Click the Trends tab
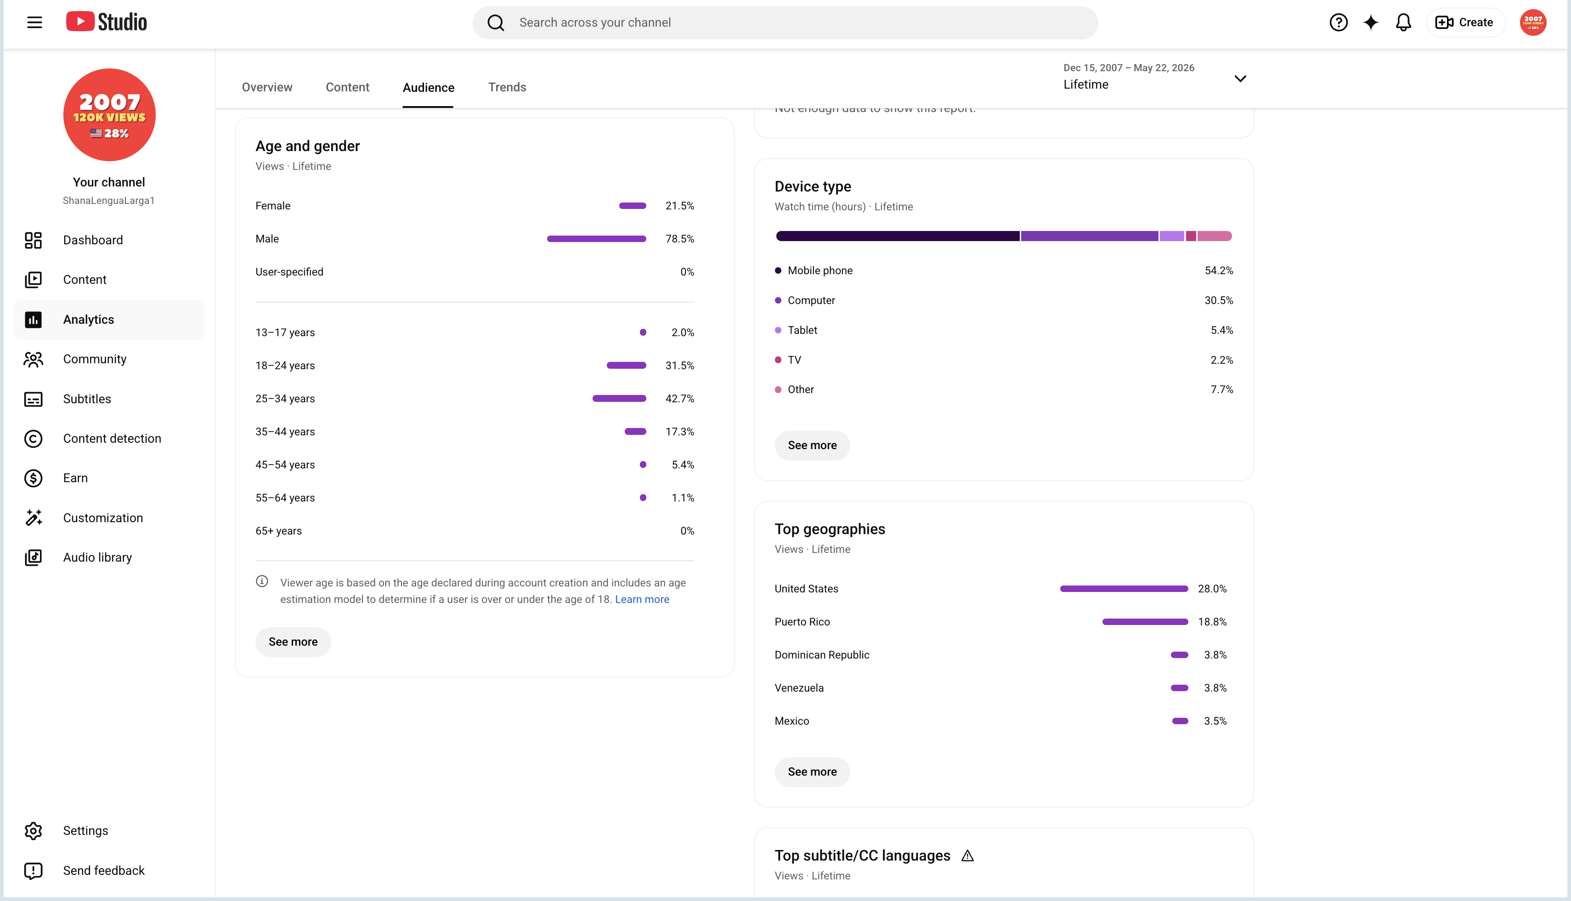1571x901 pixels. tap(507, 87)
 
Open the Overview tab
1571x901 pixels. tap(267, 87)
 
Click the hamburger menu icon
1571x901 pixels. tap(34, 23)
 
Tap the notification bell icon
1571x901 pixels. tap(1403, 23)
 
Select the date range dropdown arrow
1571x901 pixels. tap(1240, 79)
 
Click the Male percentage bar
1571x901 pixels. tap(596, 239)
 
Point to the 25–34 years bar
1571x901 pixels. tap(619, 399)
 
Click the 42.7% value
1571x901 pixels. tap(680, 399)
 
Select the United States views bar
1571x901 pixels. tap(1124, 588)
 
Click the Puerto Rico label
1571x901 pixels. tap(802, 622)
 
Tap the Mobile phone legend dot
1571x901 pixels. tap(778, 270)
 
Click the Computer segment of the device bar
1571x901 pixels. tap(1090, 236)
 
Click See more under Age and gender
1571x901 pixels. tap(293, 642)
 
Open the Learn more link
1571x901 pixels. tap(642, 599)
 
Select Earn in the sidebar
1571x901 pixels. tap(75, 478)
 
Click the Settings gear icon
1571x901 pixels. tap(34, 830)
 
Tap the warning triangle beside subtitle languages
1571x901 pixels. tap(967, 856)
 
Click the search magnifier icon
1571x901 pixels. tap(496, 23)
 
